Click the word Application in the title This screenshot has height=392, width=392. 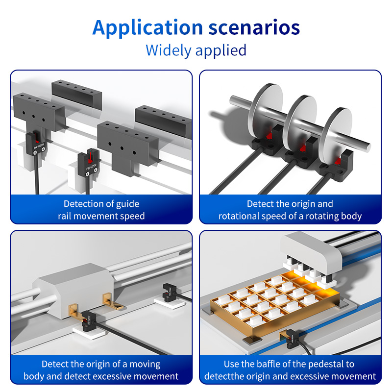pos(147,28)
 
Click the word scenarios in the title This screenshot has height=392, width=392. pos(254,27)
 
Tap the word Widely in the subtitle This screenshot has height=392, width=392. pos(168,50)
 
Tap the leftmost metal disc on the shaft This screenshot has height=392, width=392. pos(265,109)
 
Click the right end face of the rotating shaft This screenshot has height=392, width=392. pos(368,147)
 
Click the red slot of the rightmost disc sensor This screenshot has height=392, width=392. pos(338,161)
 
